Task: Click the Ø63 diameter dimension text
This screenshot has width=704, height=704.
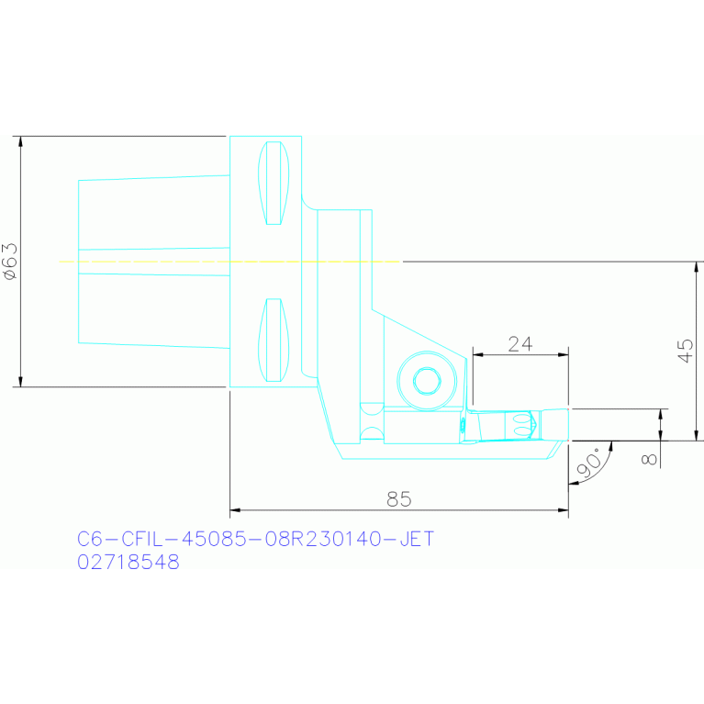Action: (x=10, y=261)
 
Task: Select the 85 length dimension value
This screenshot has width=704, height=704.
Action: (x=398, y=498)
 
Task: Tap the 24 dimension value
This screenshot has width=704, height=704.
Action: (x=520, y=343)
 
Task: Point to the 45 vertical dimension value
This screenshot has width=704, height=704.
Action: (x=686, y=350)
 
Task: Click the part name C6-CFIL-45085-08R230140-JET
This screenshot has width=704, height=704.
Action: (x=255, y=539)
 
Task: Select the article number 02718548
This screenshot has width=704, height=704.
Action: (x=129, y=563)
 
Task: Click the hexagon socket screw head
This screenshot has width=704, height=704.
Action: (x=426, y=380)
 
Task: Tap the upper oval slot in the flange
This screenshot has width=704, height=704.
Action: (x=273, y=183)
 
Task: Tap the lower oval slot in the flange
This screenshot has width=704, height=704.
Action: (x=273, y=340)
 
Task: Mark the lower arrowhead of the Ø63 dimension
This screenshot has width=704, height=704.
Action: (x=20, y=381)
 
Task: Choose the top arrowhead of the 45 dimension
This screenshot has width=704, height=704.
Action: (x=696, y=267)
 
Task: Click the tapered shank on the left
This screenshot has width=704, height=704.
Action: (x=151, y=262)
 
